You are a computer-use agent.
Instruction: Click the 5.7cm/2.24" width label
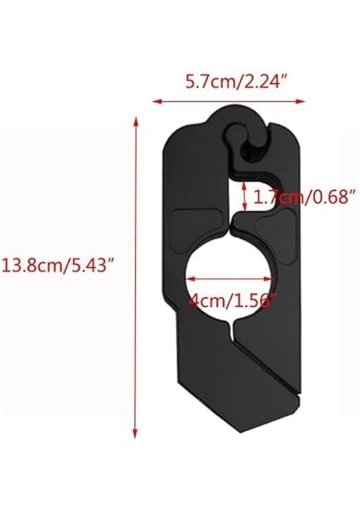(228, 84)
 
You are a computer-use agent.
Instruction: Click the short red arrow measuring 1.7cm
(245, 197)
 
